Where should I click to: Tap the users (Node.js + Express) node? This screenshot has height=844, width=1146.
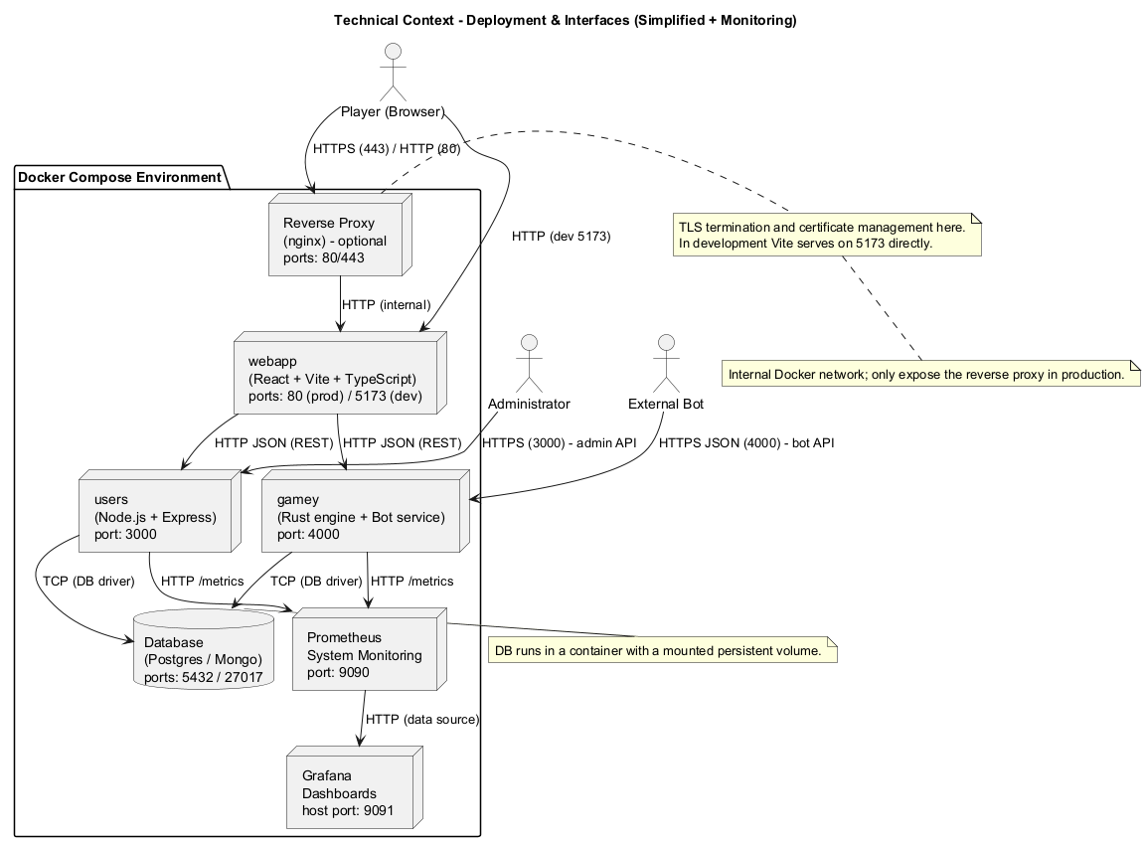(x=156, y=517)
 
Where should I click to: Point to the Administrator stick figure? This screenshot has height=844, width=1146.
(x=529, y=363)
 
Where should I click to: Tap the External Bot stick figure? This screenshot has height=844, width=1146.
(x=666, y=363)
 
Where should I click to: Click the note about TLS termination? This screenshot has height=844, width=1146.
(x=827, y=235)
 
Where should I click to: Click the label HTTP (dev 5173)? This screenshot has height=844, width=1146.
(x=561, y=237)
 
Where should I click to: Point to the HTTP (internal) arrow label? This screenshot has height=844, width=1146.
(x=386, y=305)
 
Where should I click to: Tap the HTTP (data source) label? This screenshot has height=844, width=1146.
(x=422, y=719)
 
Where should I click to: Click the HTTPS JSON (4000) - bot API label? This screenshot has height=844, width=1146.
(x=746, y=443)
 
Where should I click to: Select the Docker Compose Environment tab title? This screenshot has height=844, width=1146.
(x=119, y=178)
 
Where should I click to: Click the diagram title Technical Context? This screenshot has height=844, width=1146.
(x=565, y=20)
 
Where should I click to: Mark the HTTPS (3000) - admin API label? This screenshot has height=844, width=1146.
(x=558, y=443)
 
